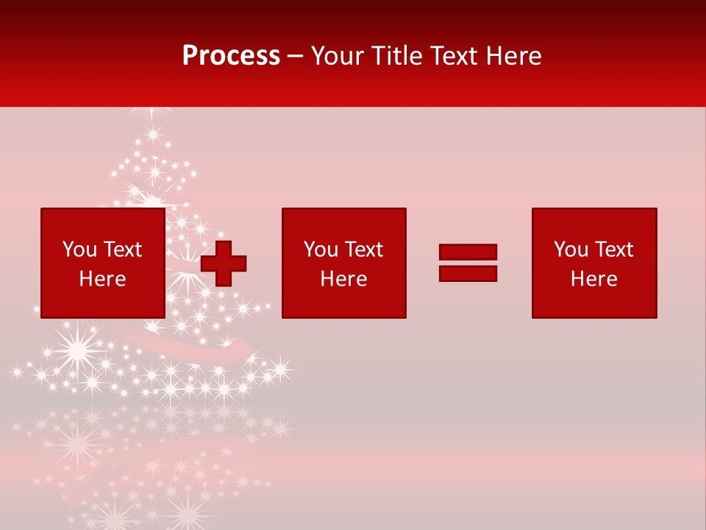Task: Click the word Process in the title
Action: pyautogui.click(x=231, y=55)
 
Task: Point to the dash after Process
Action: pyautogui.click(x=296, y=56)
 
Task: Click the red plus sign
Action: pyautogui.click(x=224, y=263)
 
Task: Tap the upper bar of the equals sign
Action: pyautogui.click(x=468, y=252)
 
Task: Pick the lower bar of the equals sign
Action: pyautogui.click(x=468, y=273)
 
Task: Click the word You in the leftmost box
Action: pyautogui.click(x=79, y=250)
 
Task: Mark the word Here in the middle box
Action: pyautogui.click(x=343, y=279)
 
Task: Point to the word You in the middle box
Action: pyautogui.click(x=320, y=250)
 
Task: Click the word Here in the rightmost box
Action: pyautogui.click(x=593, y=279)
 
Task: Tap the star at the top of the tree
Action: pyautogui.click(x=152, y=113)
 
